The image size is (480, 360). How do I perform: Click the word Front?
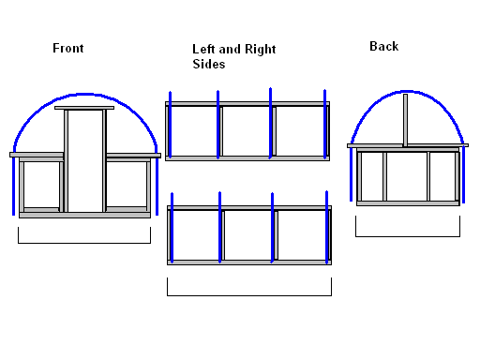68,48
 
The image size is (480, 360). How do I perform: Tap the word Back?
384,46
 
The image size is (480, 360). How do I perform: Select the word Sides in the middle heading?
209,64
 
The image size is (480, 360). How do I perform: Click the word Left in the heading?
203,49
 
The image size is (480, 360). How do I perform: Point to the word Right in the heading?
261,50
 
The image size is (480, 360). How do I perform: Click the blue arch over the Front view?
85,94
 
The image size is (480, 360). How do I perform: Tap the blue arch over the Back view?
407,92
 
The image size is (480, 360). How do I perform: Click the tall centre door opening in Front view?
85,161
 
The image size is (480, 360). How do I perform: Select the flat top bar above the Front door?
84,108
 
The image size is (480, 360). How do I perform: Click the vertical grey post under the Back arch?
405,120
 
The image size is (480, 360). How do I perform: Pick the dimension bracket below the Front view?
84,243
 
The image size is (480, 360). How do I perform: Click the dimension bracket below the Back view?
408,236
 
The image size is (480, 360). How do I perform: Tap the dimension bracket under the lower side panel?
249,295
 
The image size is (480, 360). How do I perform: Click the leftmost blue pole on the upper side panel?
170,125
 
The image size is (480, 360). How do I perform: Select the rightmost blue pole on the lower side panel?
326,227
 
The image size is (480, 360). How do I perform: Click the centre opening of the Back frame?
407,176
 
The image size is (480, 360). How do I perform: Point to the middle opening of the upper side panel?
247,131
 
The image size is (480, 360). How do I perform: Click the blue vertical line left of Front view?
13,187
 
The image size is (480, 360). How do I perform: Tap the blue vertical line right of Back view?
463,175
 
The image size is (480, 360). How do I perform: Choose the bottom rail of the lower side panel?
249,262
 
